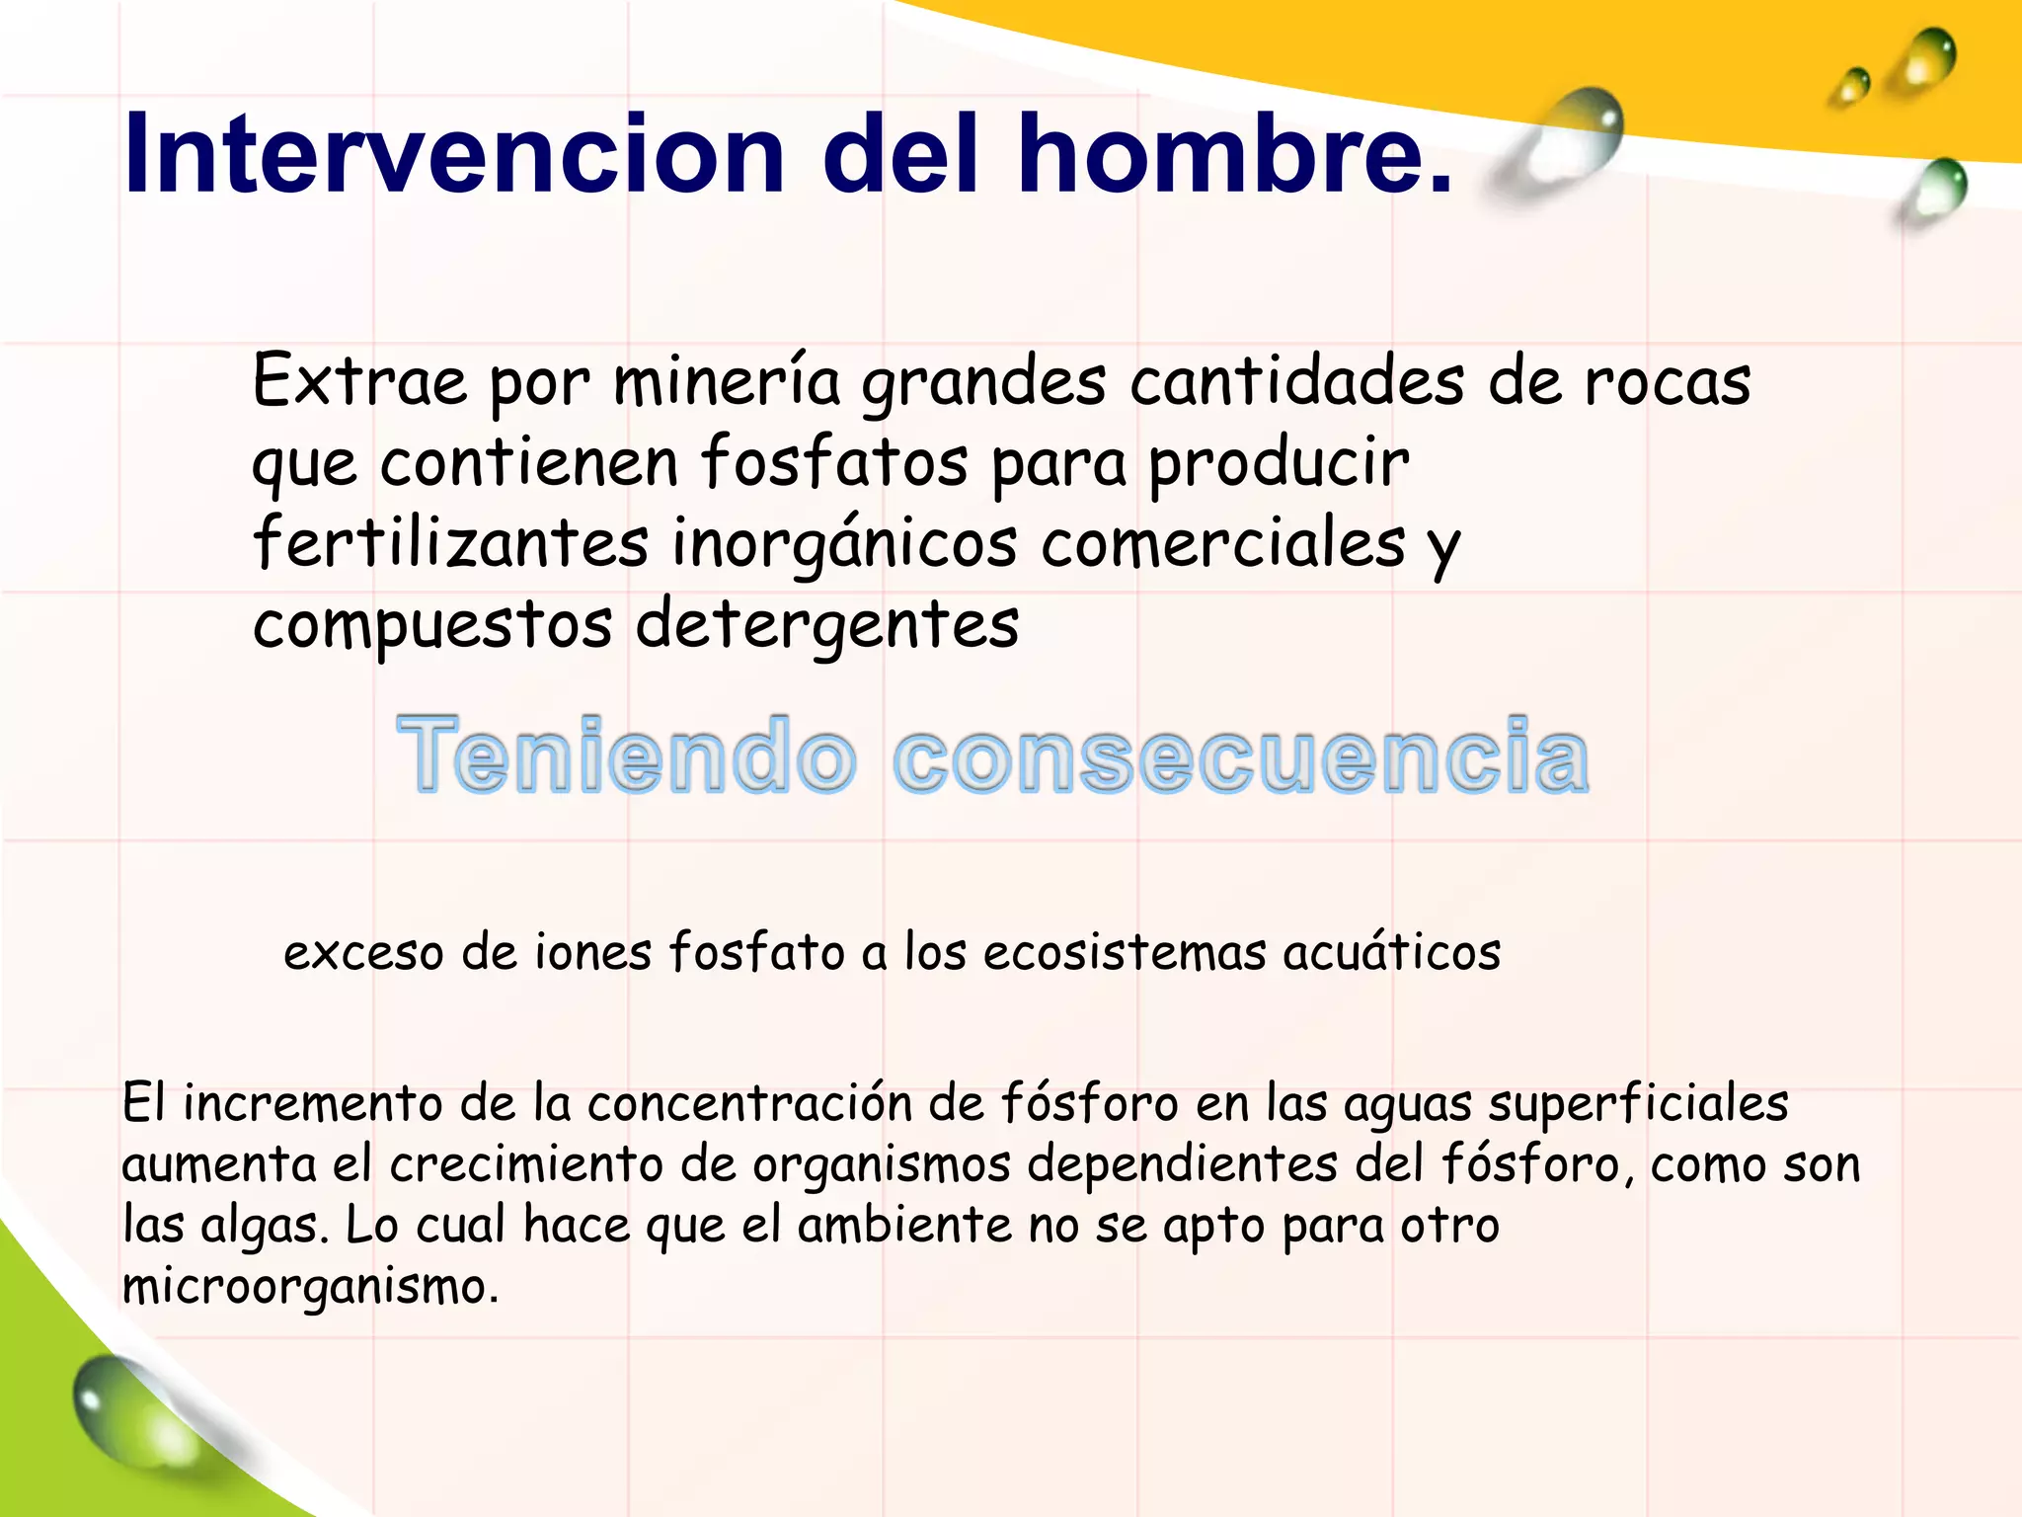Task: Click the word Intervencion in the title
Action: tap(454, 155)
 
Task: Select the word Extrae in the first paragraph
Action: tap(359, 381)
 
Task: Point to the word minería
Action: tap(727, 381)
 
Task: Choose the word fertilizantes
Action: tap(451, 543)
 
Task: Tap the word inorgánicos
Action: tap(844, 545)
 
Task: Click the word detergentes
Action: tap(827, 626)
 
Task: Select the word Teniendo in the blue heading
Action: tap(626, 756)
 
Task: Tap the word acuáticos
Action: tap(1392, 951)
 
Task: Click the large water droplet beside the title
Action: tap(1570, 138)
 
